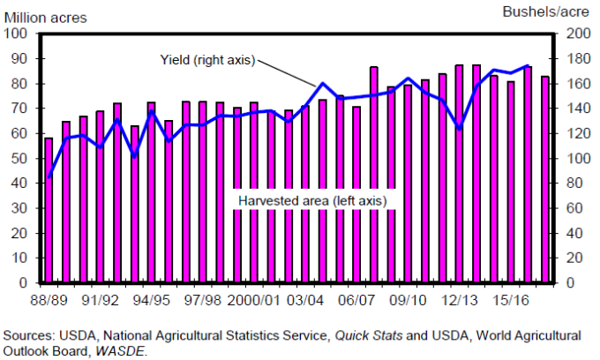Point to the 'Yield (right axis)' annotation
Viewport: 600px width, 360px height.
pyautogui.click(x=207, y=60)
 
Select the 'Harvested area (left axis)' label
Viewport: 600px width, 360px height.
pyautogui.click(x=311, y=200)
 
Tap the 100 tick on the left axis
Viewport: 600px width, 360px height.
pyautogui.click(x=18, y=34)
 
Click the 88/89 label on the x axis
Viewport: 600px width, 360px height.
pyautogui.click(x=50, y=299)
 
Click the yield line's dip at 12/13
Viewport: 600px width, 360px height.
pyautogui.click(x=460, y=129)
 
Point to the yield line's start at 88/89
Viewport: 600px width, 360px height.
pyautogui.click(x=49, y=177)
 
